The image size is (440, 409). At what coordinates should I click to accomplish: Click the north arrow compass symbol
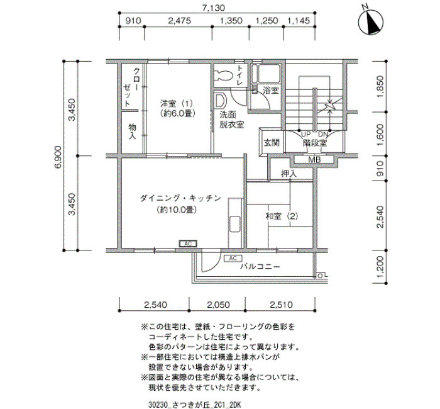tap(371, 22)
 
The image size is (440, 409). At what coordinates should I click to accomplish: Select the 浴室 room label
tap(270, 91)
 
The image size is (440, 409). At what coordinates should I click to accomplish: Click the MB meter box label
tap(314, 160)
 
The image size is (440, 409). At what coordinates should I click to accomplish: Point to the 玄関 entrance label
tap(272, 143)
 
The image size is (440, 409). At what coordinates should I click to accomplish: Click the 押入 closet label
tap(289, 174)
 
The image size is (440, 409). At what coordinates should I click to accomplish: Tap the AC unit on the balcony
tap(233, 258)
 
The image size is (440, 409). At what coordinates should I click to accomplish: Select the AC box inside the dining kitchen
tap(188, 244)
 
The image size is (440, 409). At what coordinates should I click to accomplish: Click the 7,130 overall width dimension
tap(214, 8)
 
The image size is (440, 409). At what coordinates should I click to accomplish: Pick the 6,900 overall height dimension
tap(58, 157)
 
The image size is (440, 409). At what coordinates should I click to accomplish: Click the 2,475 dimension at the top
tap(179, 21)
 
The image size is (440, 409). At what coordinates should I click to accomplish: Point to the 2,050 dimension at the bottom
tap(218, 305)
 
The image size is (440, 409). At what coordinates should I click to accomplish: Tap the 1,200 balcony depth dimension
tap(380, 267)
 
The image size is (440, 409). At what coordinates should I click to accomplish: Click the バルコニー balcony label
tap(260, 266)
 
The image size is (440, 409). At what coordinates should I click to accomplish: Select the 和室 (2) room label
tap(282, 216)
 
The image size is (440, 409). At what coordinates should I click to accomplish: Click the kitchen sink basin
tap(235, 224)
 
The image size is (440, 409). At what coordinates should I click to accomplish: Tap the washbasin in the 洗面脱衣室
tap(221, 101)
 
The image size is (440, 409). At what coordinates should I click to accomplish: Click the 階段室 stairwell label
tap(315, 143)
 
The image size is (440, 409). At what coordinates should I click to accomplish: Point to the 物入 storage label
tap(132, 132)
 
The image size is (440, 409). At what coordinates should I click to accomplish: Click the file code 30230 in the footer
tap(158, 405)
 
